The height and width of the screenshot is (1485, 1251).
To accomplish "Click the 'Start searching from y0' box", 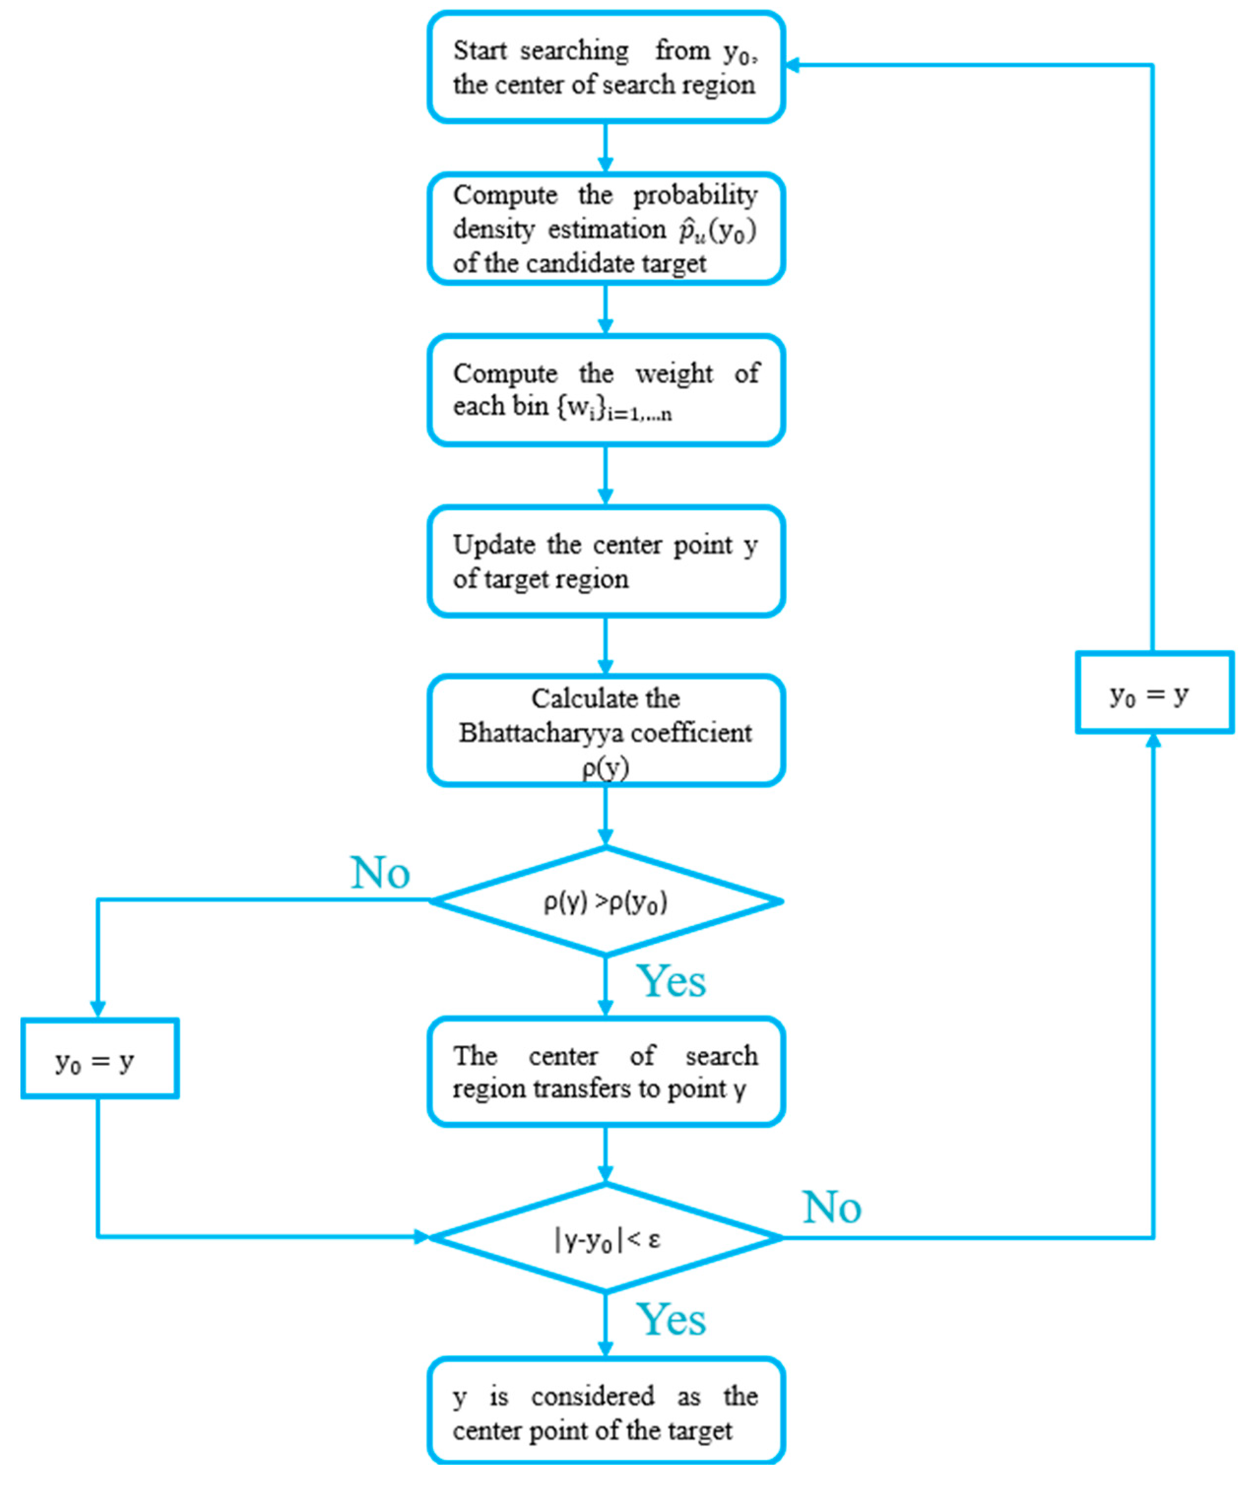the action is pyautogui.click(x=606, y=66).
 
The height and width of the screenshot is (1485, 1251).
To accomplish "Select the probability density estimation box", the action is pyautogui.click(x=606, y=228).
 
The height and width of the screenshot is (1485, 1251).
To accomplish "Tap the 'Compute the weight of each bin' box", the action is pyautogui.click(x=606, y=390).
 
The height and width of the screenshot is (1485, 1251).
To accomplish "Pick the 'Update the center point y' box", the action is pyautogui.click(x=606, y=560).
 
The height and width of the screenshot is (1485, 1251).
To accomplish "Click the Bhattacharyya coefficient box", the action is pyautogui.click(x=606, y=730).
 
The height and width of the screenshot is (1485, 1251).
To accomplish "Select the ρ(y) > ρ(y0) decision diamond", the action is pyautogui.click(x=606, y=901).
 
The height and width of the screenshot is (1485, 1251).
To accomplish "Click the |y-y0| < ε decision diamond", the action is pyautogui.click(x=606, y=1237).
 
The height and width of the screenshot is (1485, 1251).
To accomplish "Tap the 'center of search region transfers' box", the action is pyautogui.click(x=606, y=1071).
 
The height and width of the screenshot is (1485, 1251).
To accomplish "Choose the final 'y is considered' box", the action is pyautogui.click(x=606, y=1411).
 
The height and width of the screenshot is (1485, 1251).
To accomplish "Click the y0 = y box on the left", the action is pyautogui.click(x=99, y=1058).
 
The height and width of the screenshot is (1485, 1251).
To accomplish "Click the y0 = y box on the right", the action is pyautogui.click(x=1155, y=692).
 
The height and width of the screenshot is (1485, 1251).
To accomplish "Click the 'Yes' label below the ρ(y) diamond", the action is pyautogui.click(x=671, y=981).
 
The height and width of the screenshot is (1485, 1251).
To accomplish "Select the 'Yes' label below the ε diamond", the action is pyautogui.click(x=671, y=1319).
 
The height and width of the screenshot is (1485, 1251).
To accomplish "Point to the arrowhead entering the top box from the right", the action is pyautogui.click(x=793, y=65).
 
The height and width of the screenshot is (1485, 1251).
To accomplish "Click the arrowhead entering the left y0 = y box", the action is pyautogui.click(x=98, y=1009).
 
